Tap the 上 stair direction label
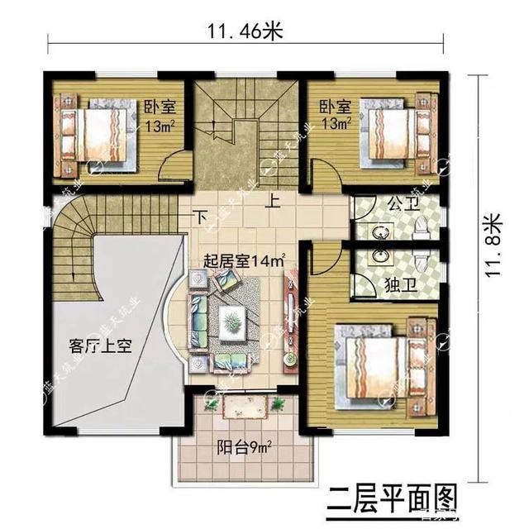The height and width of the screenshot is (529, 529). click(x=272, y=199)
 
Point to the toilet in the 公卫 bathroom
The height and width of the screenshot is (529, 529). click(x=422, y=225)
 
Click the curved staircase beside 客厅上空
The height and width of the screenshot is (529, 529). click(x=74, y=248)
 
